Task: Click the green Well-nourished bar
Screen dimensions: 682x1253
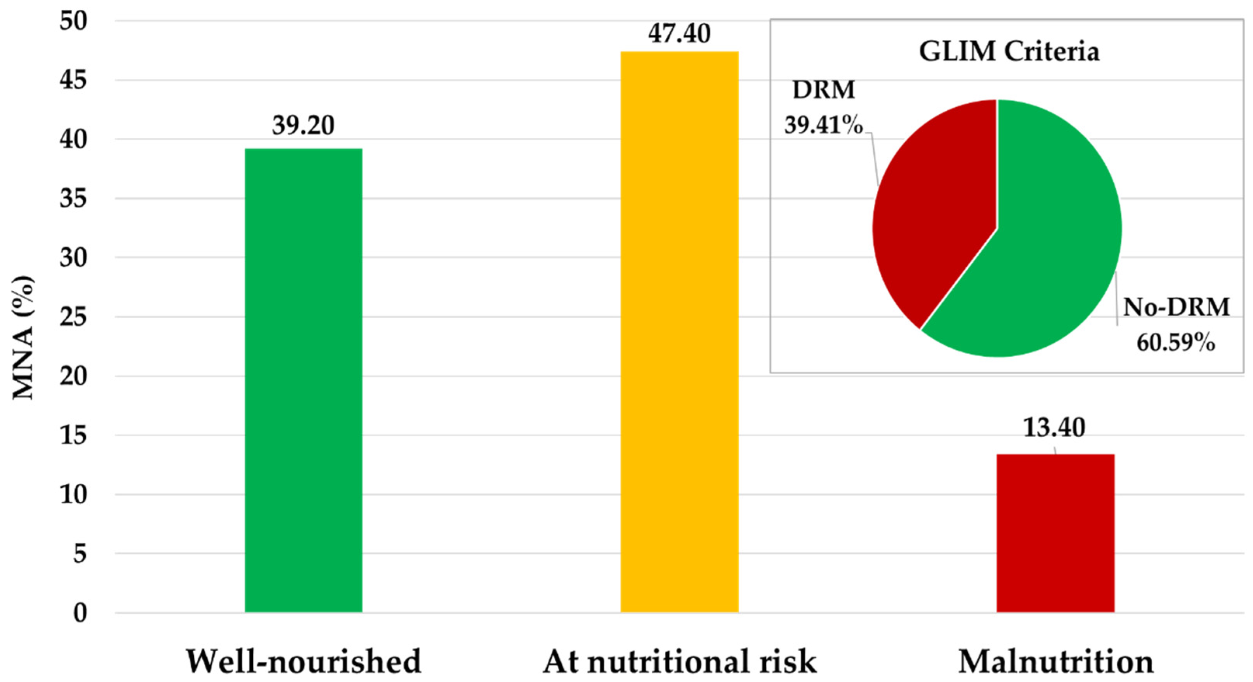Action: [x=304, y=380]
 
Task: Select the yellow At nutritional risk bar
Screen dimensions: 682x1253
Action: [x=680, y=331]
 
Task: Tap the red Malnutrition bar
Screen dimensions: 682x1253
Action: [x=1055, y=533]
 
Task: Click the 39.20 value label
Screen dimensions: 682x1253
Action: [x=304, y=125]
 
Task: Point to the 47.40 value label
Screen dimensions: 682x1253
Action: [x=680, y=33]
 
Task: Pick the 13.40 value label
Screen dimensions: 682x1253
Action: [x=1055, y=427]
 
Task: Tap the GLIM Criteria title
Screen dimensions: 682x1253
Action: [x=1009, y=51]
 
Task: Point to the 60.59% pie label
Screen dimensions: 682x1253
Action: [x=1176, y=343]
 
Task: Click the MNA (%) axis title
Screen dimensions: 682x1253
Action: [x=23, y=337]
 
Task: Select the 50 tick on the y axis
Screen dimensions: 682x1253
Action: [x=73, y=21]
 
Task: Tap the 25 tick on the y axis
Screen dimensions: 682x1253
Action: [x=73, y=317]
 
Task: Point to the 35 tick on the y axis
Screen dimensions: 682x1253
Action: [x=73, y=199]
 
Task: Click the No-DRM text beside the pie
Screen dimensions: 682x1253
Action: [x=1176, y=307]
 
